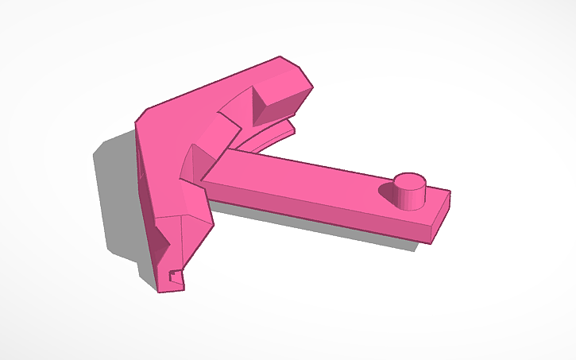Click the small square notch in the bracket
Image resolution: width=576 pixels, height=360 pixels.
(172, 276)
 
